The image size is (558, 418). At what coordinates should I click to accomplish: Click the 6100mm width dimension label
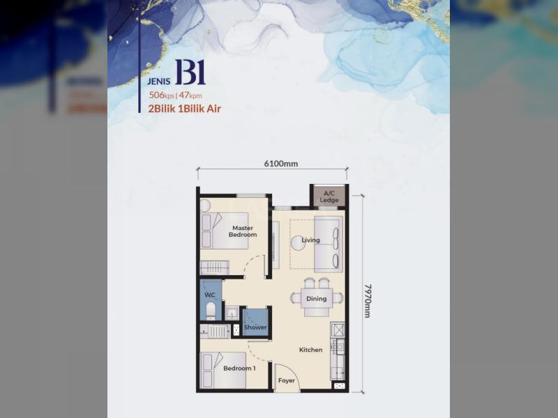pyautogui.click(x=281, y=164)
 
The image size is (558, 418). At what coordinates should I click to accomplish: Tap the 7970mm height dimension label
pyautogui.click(x=368, y=301)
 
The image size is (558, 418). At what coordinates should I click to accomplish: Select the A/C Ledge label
pyautogui.click(x=329, y=196)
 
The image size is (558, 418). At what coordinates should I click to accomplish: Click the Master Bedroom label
pyautogui.click(x=243, y=231)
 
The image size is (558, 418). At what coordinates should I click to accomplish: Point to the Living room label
pyautogui.click(x=310, y=240)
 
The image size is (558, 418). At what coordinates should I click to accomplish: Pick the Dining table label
pyautogui.click(x=317, y=299)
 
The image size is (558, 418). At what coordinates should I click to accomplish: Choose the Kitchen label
pyautogui.click(x=310, y=350)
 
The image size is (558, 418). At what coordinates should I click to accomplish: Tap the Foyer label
pyautogui.click(x=287, y=380)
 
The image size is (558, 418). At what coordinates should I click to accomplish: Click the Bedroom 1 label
pyautogui.click(x=239, y=369)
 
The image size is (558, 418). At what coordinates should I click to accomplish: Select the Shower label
pyautogui.click(x=255, y=327)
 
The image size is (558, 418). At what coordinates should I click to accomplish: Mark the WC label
pyautogui.click(x=210, y=295)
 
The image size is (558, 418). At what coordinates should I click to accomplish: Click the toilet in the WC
pyautogui.click(x=211, y=310)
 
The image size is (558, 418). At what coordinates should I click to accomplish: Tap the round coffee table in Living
pyautogui.click(x=299, y=243)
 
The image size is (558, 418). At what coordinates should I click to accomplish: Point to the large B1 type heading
pyautogui.click(x=190, y=72)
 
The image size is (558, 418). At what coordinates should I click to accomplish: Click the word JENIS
pyautogui.click(x=159, y=82)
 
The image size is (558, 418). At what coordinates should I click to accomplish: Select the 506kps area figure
pyautogui.click(x=162, y=95)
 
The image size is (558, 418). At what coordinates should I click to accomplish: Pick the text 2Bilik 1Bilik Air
pyautogui.click(x=184, y=109)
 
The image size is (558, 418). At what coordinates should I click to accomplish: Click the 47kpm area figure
pyautogui.click(x=190, y=95)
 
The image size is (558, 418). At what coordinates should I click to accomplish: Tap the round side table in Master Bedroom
pyautogui.click(x=205, y=206)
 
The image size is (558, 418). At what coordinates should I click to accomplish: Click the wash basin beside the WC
pyautogui.click(x=232, y=313)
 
